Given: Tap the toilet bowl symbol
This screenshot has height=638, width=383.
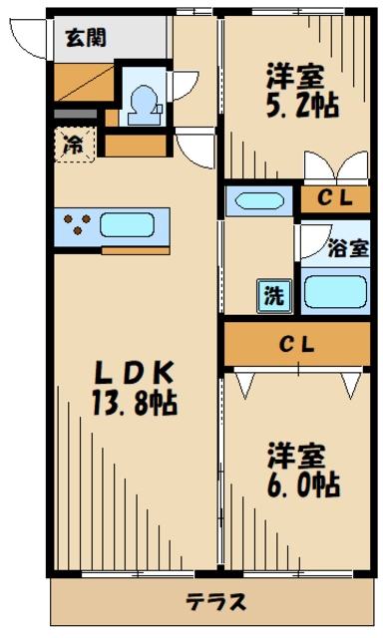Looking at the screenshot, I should pyautogui.click(x=143, y=102).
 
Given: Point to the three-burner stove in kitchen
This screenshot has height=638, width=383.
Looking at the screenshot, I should pyautogui.click(x=78, y=224).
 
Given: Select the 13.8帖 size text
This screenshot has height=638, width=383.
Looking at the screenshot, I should pyautogui.click(x=135, y=405).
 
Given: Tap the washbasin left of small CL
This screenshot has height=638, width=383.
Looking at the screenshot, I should pyautogui.click(x=258, y=200).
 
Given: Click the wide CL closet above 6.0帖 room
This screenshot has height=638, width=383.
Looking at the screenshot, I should pyautogui.click(x=296, y=345).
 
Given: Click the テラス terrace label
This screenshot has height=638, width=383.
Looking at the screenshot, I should pyautogui.click(x=214, y=602).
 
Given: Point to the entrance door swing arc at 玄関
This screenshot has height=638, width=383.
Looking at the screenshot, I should pyautogui.click(x=30, y=38).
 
